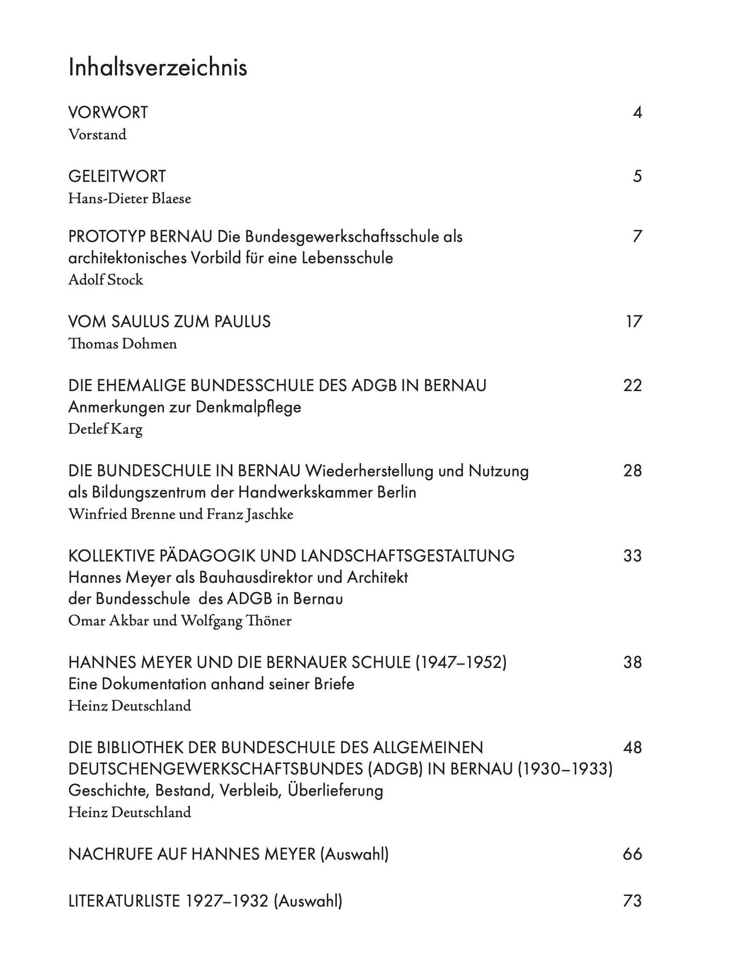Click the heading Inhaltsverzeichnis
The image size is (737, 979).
[158, 68]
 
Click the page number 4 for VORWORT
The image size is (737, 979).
[637, 113]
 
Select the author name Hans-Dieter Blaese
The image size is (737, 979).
[129, 199]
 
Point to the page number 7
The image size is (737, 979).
[637, 237]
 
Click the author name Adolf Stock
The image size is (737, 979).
[106, 280]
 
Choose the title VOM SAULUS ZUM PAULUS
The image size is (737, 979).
[169, 322]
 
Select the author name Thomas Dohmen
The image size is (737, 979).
[123, 344]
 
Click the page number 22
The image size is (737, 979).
[632, 386]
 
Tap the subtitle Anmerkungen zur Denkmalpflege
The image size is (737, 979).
[184, 407]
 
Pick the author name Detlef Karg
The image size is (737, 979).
[105, 429]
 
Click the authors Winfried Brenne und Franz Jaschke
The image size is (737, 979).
[181, 514]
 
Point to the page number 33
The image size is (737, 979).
[632, 556]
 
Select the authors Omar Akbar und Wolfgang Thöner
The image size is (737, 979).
[180, 621]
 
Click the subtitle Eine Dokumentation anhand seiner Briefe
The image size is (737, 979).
[211, 684]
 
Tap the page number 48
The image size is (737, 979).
[632, 748]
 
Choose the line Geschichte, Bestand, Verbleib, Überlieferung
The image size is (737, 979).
[226, 791]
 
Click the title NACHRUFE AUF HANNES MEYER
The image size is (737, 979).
[192, 854]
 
